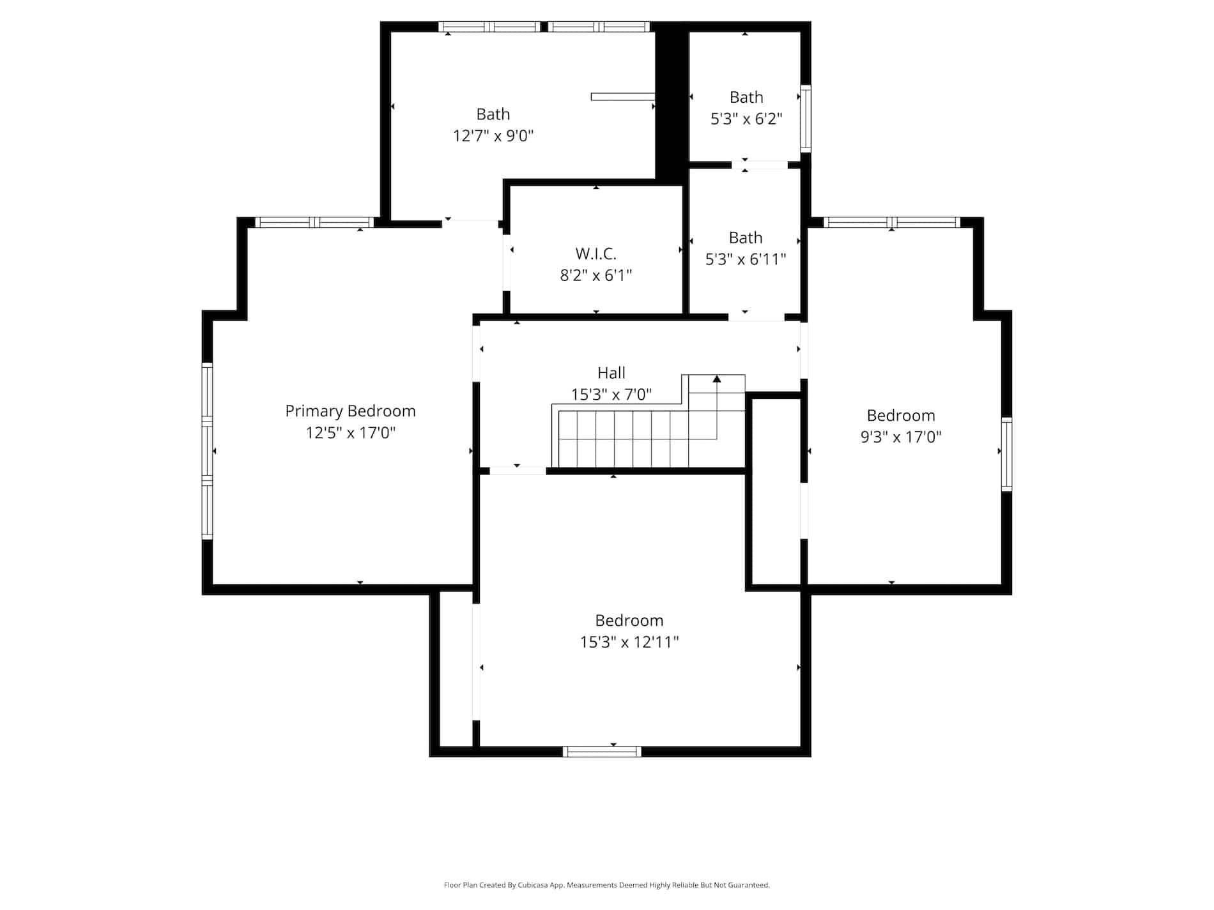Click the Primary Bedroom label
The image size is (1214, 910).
point(350,411)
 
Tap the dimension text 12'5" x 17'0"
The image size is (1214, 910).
point(350,433)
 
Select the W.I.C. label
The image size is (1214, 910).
point(595,254)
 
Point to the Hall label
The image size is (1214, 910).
point(611,373)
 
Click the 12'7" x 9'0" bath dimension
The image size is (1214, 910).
point(493,136)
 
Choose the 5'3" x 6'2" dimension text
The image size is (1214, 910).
point(746,119)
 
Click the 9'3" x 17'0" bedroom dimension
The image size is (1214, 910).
point(901,437)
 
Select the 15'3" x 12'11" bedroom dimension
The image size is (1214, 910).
point(629,642)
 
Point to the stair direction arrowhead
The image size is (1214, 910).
point(717,379)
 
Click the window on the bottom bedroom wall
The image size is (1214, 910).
point(602,752)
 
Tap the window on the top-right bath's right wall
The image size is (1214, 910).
point(806,118)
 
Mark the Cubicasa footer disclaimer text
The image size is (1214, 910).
point(606,885)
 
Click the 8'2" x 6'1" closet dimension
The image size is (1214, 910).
point(595,276)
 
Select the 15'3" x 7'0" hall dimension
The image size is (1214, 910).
point(611,395)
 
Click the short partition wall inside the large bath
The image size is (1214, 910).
point(623,97)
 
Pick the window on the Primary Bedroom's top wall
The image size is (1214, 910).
point(314,222)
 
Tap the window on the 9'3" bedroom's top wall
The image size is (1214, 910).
point(891,222)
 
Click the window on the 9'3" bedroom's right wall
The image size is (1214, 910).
point(1006,454)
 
